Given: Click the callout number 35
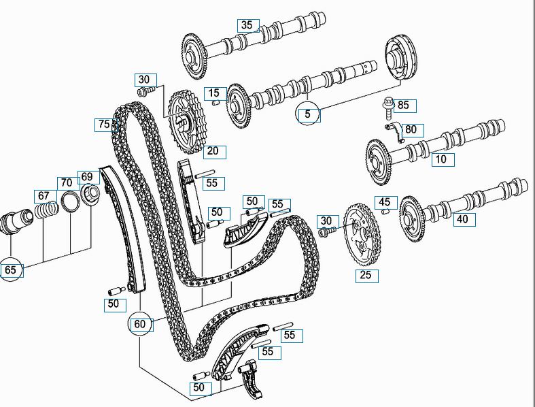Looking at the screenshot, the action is click(247, 25).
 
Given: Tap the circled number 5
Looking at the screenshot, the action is click(307, 114).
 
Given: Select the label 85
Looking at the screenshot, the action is click(403, 105).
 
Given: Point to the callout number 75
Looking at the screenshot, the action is click(104, 124).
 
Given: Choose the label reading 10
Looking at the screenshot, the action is click(441, 159).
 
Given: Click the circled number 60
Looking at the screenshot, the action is click(140, 323).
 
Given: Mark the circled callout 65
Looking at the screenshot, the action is click(11, 270).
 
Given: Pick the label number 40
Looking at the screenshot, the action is click(462, 218).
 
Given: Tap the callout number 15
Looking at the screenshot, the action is click(214, 93).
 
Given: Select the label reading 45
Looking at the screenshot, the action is click(385, 202).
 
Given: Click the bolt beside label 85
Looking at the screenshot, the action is click(388, 108).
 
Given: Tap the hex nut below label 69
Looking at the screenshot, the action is click(90, 195).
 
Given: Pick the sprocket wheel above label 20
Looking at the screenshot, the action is click(188, 122).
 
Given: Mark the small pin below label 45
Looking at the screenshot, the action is click(385, 212).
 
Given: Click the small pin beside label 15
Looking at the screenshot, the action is click(216, 103).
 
